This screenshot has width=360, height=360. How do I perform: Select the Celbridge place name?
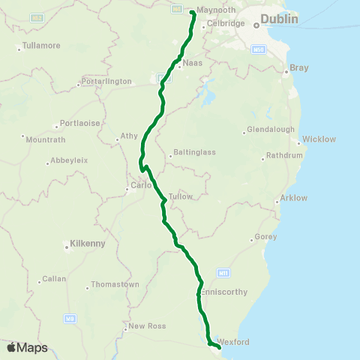click(x=226, y=23)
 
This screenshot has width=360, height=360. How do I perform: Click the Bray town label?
click(x=299, y=68)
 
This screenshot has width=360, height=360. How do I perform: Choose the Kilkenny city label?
click(x=87, y=243)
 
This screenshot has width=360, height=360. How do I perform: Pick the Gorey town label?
click(x=266, y=237)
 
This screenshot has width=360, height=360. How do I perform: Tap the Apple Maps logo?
click(x=27, y=347)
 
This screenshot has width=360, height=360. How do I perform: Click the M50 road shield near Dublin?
click(x=259, y=49)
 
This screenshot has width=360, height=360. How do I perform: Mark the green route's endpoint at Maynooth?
click(x=192, y=12)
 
